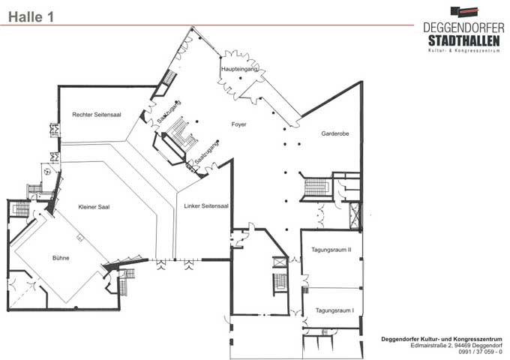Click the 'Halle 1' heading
(31, 17)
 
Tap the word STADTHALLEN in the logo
(463, 41)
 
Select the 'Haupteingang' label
(240, 69)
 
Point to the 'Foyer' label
(238, 124)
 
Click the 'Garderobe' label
(335, 133)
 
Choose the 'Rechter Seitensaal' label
(97, 115)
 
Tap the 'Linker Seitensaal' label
(206, 205)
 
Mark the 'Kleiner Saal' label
(94, 207)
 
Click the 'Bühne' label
(61, 258)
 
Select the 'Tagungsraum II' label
(331, 250)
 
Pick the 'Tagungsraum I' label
(334, 310)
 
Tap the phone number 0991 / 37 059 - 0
(480, 352)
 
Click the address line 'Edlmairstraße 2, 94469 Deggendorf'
(456, 345)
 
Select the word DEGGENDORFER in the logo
(463, 28)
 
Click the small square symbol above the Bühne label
(80, 238)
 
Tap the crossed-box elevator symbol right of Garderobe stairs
(355, 215)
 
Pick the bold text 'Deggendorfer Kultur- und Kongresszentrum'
(441, 339)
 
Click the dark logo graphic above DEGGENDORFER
(465, 12)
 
